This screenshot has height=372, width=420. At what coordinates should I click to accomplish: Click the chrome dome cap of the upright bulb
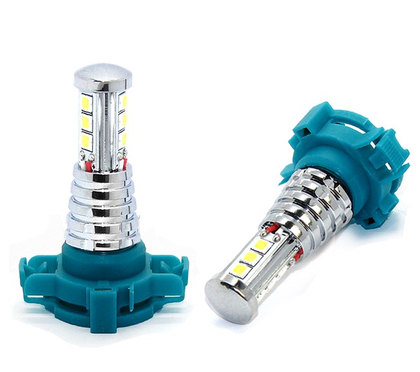click(x=103, y=76)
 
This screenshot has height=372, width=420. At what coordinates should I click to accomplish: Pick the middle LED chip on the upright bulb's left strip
click(x=86, y=122)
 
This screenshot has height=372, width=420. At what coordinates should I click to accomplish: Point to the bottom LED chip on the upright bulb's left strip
click(x=86, y=140)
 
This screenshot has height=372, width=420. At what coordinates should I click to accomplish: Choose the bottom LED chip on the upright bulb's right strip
click(x=123, y=138)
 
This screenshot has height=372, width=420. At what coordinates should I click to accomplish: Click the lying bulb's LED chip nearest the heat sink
click(x=261, y=244)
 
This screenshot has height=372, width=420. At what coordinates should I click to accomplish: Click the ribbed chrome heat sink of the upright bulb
click(x=103, y=206)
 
